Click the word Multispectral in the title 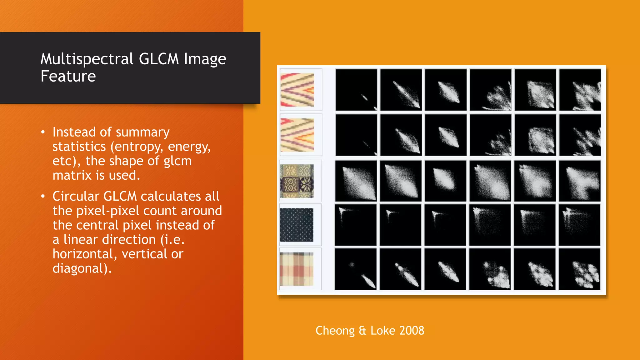[x=87, y=59]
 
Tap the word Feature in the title [x=68, y=77]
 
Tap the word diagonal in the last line [x=80, y=268]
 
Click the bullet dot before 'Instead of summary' [x=43, y=132]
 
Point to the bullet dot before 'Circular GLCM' [x=43, y=197]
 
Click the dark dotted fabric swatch [x=297, y=225]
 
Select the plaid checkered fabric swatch [x=297, y=269]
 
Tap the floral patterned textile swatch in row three [x=297, y=181]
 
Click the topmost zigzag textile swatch [x=297, y=90]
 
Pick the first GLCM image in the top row [x=356, y=90]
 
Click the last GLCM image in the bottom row [x=580, y=269]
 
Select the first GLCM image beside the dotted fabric [x=356, y=225]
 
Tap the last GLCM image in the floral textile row [x=580, y=181]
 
